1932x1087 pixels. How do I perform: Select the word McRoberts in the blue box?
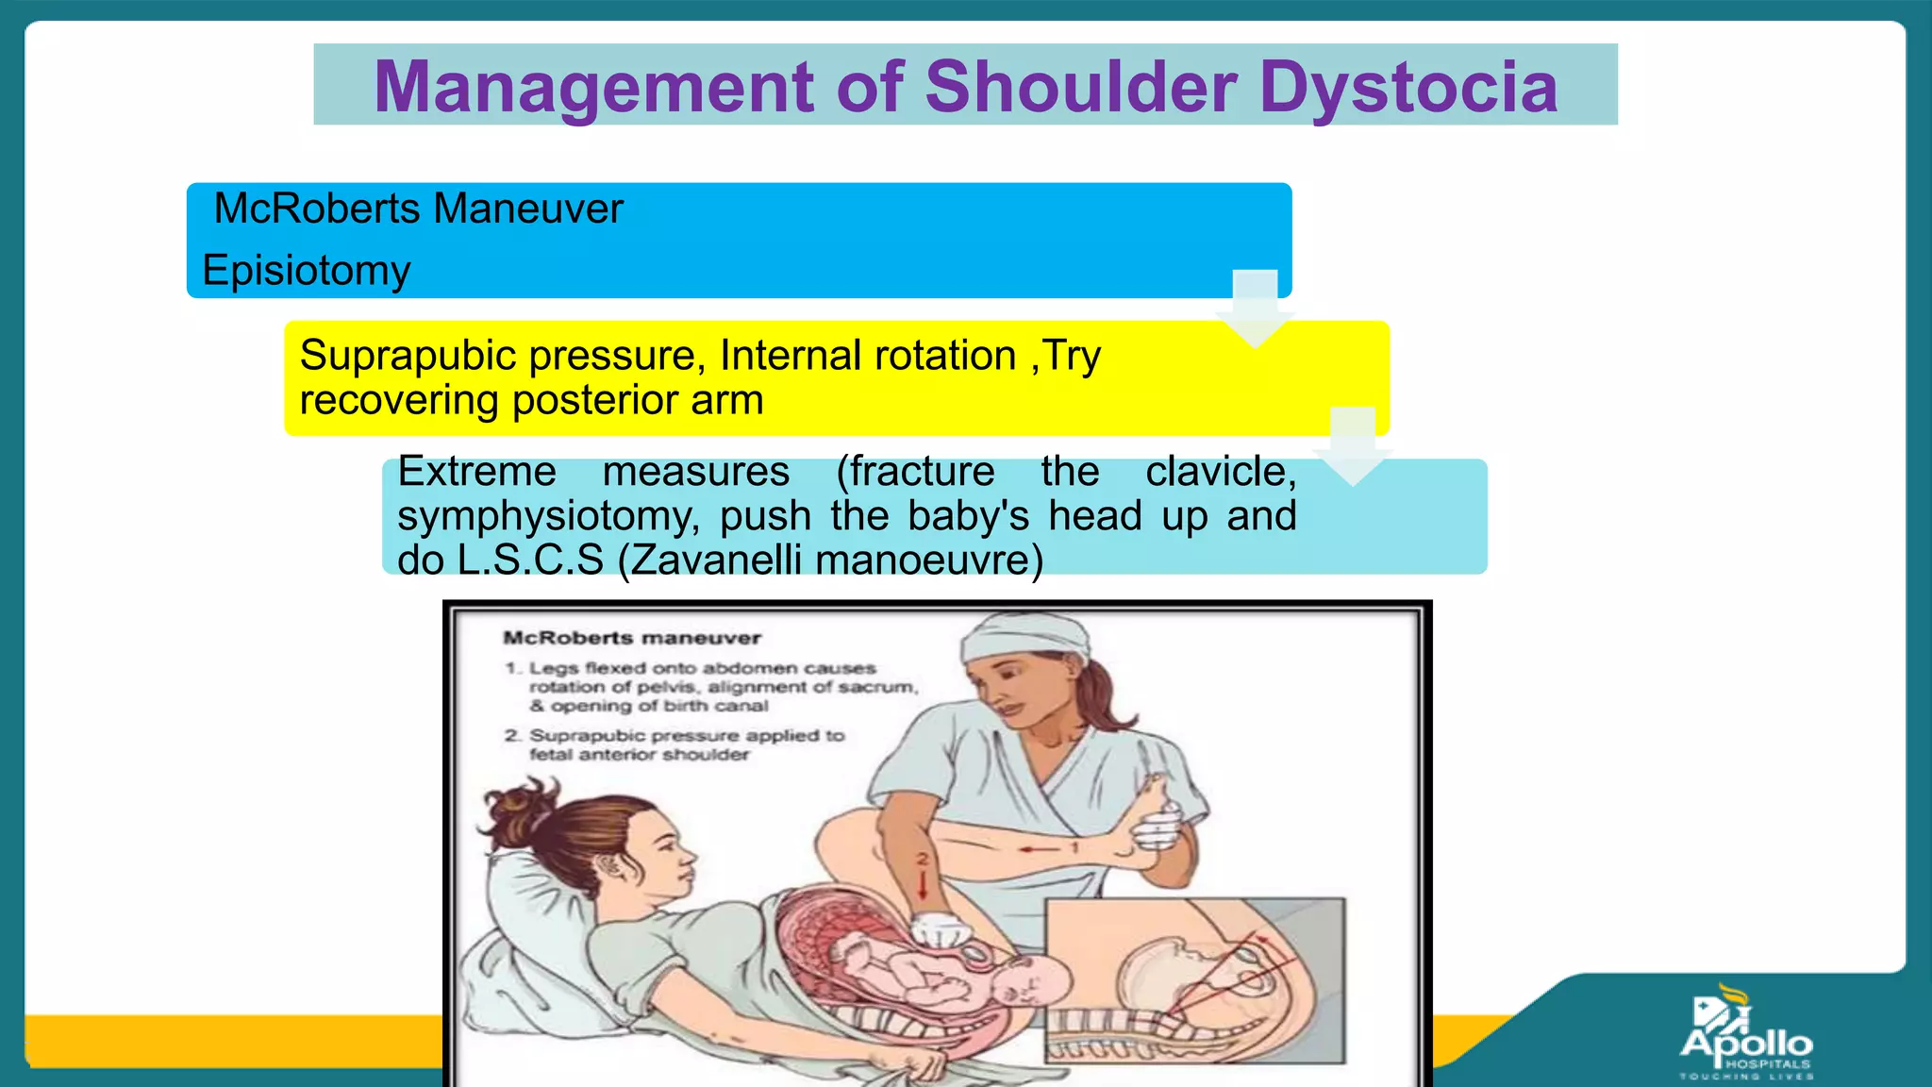click(317, 209)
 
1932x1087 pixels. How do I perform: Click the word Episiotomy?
click(307, 271)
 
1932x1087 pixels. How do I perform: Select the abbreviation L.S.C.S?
click(530, 560)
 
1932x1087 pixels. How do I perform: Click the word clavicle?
click(1221, 471)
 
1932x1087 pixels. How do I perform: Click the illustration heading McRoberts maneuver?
click(632, 638)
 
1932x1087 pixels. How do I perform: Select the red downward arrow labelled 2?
click(924, 882)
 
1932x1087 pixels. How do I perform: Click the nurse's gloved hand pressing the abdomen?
click(941, 931)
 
